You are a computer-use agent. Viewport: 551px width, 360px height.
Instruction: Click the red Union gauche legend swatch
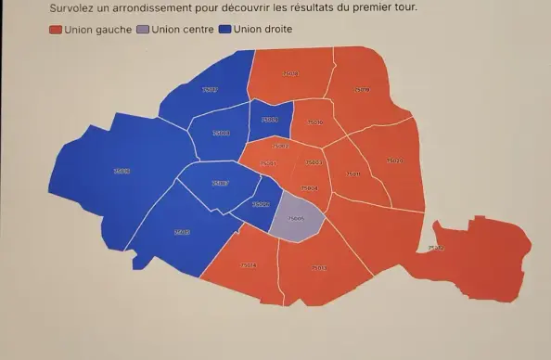[x=57, y=30]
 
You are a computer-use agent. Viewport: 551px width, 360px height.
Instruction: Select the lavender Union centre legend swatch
[x=142, y=30]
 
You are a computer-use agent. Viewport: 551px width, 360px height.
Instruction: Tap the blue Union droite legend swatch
[x=226, y=30]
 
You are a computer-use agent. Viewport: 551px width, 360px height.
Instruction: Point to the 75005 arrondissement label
[x=296, y=219]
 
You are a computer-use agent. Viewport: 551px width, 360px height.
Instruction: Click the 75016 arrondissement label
[x=122, y=171]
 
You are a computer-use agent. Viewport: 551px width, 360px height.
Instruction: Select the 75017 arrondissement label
[x=210, y=90]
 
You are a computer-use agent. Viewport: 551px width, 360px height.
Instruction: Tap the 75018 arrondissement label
[x=289, y=72]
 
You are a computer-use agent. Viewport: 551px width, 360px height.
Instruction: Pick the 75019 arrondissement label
[x=362, y=90]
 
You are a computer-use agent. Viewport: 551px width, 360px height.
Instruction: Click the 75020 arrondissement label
[x=394, y=161]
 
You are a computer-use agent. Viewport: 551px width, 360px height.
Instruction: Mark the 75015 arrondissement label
[x=182, y=231]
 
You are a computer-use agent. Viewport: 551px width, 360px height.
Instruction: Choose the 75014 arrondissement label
[x=248, y=265]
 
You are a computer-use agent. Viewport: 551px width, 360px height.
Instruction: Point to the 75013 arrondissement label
[x=318, y=267]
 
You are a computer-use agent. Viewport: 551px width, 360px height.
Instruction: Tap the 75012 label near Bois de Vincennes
[x=435, y=248]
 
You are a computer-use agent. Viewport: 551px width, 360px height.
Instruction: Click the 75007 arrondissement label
[x=220, y=184]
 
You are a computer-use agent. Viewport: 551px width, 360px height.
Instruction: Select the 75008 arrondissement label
[x=221, y=134]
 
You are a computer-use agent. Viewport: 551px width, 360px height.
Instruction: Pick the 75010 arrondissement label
[x=314, y=122]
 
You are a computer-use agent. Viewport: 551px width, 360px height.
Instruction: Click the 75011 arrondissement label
[x=352, y=174]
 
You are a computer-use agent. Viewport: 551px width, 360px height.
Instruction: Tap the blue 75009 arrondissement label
[x=269, y=120]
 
